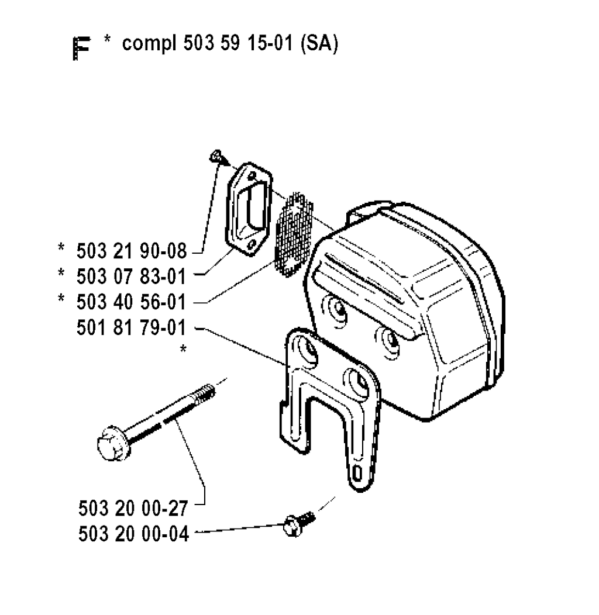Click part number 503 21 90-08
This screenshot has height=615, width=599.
pos(132,251)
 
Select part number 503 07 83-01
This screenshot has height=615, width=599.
pos(131,277)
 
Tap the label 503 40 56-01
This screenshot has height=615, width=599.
pos(131,302)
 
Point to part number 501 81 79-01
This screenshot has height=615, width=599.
pos(131,328)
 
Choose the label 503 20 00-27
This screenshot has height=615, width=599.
pos(133,509)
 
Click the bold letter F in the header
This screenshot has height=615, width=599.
pos(82,49)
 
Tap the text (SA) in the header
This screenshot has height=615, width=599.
pos(319,43)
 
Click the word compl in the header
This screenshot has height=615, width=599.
pos(149,44)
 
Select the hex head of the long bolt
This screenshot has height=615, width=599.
pos(112,444)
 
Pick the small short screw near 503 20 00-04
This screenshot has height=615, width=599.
pos(299,523)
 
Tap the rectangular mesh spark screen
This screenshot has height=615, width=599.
pos(294,234)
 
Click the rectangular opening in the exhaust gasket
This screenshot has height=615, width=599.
pos(249,209)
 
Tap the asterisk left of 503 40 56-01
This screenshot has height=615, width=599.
pos(61,299)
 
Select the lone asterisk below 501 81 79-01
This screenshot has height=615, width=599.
pos(183,348)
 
